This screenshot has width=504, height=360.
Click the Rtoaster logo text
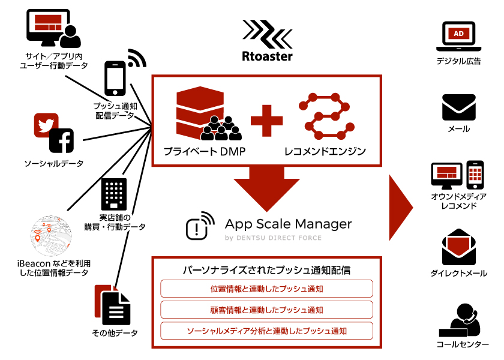pyautogui.click(x=267, y=56)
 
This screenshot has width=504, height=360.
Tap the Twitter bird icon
pyautogui.click(x=45, y=125)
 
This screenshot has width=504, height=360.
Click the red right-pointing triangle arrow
pyautogui.click(x=401, y=208)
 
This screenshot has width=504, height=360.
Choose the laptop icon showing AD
pyautogui.click(x=458, y=37)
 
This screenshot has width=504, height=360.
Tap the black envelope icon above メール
pyautogui.click(x=458, y=107)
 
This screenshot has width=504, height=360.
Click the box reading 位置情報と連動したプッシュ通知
pyautogui.click(x=267, y=289)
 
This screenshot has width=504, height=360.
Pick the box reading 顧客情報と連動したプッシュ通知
pyautogui.click(x=267, y=310)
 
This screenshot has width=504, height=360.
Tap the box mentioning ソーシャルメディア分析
pyautogui.click(x=267, y=331)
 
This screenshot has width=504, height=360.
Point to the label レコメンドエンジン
pyautogui.click(x=325, y=152)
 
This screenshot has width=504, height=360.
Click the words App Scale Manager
pyautogui.click(x=288, y=224)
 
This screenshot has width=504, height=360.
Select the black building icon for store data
pyautogui.click(x=115, y=193)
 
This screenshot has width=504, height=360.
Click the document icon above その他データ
pyautogui.click(x=114, y=304)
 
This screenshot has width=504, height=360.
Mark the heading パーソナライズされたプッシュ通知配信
pyautogui.click(x=266, y=270)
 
